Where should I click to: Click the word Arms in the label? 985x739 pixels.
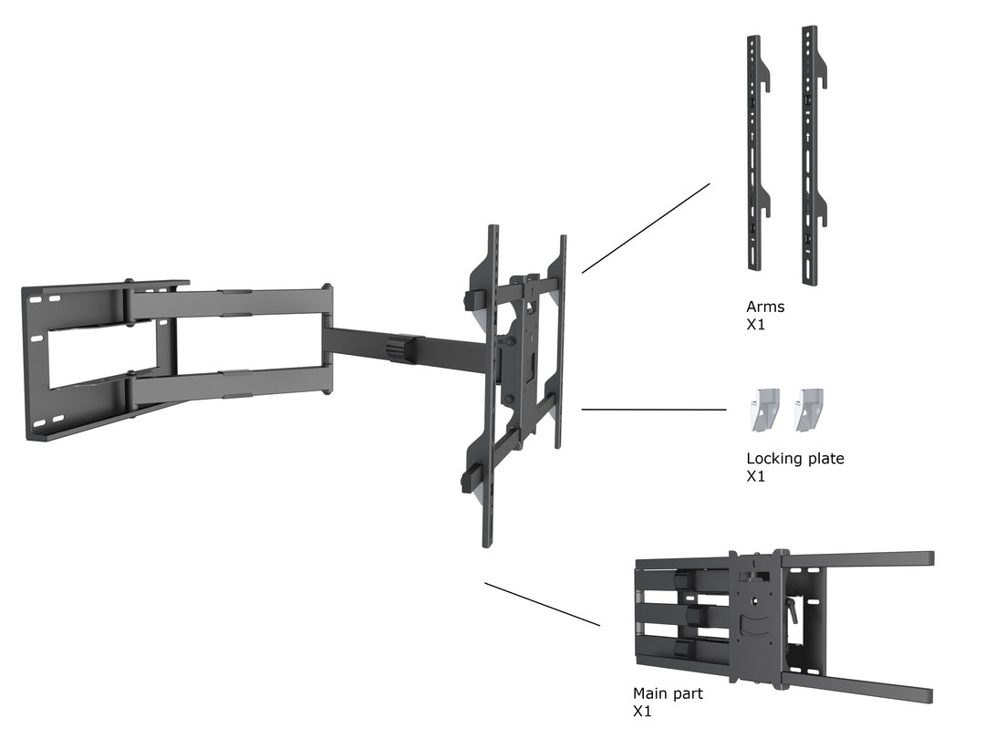[x=764, y=307]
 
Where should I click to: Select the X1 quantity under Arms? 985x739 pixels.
[x=756, y=324]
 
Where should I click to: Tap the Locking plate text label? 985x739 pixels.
[x=794, y=459]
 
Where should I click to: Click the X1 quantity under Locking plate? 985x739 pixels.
[x=756, y=476]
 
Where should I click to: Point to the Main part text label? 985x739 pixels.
[x=668, y=693]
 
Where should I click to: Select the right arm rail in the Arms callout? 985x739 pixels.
[x=808, y=155]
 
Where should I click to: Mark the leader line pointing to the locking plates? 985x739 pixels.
[x=653, y=410]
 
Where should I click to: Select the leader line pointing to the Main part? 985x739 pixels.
[x=542, y=604]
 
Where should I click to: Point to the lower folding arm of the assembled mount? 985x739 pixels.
[x=228, y=383]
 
